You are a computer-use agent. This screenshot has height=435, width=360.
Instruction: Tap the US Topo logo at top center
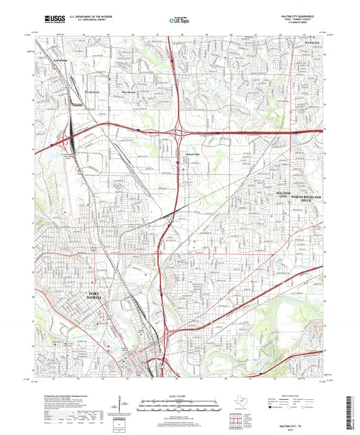178,20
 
